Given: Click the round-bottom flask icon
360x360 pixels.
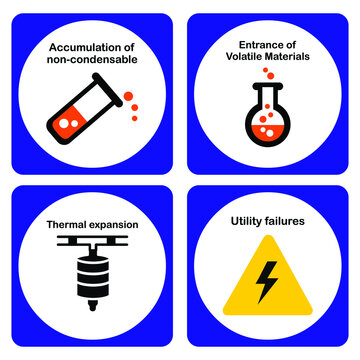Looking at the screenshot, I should (268, 119).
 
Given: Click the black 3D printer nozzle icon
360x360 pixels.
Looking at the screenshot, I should (90, 270).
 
